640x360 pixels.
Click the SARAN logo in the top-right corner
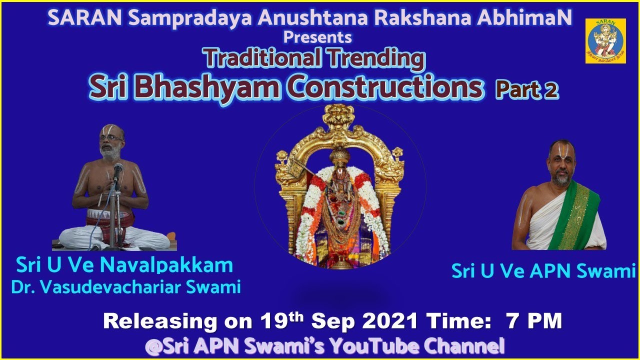605,41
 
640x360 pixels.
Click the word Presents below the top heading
317,37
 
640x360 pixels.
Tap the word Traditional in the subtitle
263,59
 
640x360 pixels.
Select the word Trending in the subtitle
376,59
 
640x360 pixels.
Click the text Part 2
526,90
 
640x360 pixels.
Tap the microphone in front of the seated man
118,169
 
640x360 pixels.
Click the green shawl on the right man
579,215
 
